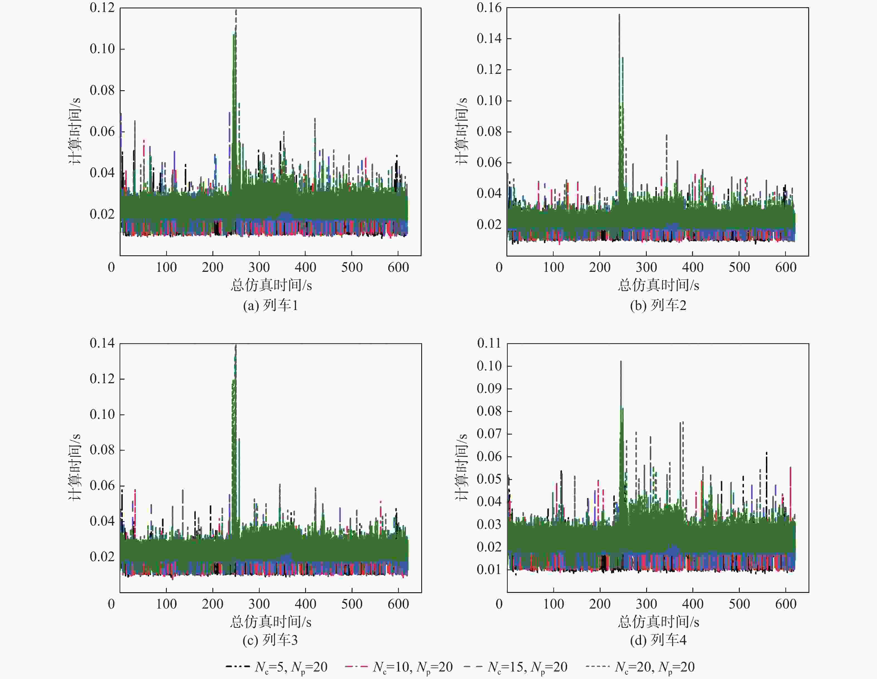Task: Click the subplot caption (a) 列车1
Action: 270,305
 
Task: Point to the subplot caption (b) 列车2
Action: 658,305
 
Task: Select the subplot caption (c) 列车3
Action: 270,640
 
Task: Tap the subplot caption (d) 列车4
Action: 658,640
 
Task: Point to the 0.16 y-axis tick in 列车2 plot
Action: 489,8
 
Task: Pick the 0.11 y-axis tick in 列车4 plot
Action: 489,343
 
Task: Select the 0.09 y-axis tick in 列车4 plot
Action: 489,389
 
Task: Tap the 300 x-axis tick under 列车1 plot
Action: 259,267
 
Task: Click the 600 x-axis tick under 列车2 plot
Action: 785,267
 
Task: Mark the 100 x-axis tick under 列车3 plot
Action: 166,604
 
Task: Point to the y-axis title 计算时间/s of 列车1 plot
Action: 75,131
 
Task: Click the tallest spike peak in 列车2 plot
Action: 619,15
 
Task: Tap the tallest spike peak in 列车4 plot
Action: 621,361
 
